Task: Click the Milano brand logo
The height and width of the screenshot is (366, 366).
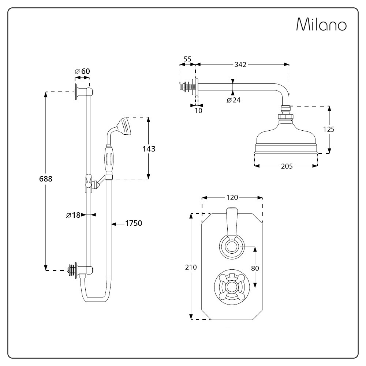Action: coord(321,24)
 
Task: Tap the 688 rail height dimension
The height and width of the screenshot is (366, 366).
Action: coord(46,179)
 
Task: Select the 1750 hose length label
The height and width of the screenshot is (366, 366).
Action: coord(134,223)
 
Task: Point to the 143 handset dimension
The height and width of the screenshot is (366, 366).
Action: coord(149,149)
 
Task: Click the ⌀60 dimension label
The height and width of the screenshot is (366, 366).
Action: coord(82,71)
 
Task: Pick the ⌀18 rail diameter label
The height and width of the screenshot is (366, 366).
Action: coord(73,215)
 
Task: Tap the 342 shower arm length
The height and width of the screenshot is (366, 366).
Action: coord(240,64)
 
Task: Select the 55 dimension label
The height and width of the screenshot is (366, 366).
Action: coord(187,59)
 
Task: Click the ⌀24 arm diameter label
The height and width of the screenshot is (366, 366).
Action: coord(234,100)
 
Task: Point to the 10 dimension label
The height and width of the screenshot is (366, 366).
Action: coord(198,111)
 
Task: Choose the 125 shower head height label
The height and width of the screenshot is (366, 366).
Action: coord(329,129)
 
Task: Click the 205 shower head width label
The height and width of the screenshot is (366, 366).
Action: coord(287,166)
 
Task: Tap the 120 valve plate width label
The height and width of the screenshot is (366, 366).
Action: coord(232,198)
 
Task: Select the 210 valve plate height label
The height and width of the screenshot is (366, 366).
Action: coord(191,267)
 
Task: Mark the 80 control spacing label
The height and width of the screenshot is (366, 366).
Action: coord(255,268)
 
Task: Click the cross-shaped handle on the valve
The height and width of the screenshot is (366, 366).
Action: coord(232,287)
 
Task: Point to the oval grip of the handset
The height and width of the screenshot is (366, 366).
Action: coord(109,160)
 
